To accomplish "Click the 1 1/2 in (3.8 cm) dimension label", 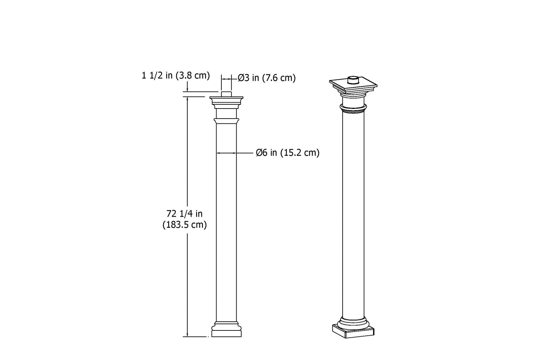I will [x=175, y=75].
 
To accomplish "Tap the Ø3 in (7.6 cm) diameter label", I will [x=267, y=78].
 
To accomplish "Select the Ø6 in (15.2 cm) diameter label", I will [x=288, y=153].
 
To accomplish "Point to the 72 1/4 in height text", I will [x=185, y=214].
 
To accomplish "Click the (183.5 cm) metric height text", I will [x=185, y=225].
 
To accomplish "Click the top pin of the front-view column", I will [x=226, y=94].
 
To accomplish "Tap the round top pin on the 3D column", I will [x=353, y=80].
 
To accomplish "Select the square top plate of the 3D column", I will [x=353, y=85].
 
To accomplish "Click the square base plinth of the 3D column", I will [x=353, y=331].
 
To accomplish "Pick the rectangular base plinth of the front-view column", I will [x=226, y=334].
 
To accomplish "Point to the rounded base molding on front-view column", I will [x=226, y=327].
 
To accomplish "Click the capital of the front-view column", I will [x=226, y=102].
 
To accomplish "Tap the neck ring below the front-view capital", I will [x=226, y=120].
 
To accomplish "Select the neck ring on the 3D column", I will [x=353, y=110].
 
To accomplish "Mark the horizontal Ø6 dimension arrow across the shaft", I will [x=226, y=153].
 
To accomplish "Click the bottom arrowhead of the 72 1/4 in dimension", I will [x=188, y=335].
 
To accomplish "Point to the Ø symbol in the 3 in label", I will [x=241, y=78].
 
